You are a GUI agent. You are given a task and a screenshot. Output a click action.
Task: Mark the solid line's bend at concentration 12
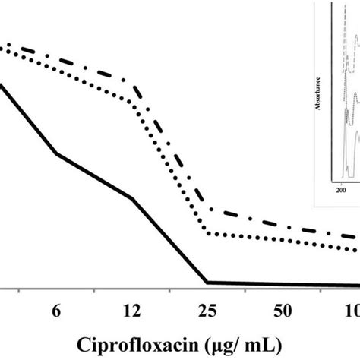pos(132,199)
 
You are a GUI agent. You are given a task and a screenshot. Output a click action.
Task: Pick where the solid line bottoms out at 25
pos(209,283)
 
